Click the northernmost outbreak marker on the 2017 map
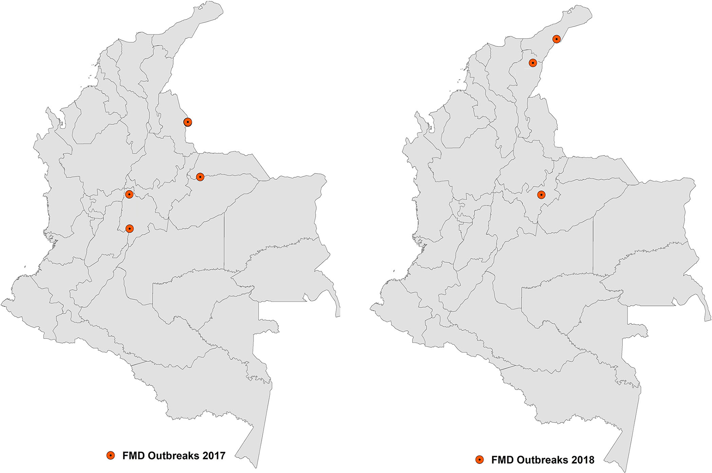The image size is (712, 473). point(187,122)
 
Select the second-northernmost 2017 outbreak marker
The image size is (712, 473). point(200,177)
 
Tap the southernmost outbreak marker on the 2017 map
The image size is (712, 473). point(129,229)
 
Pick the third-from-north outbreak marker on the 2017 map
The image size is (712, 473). point(129,195)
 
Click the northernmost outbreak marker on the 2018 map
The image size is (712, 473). point(557,39)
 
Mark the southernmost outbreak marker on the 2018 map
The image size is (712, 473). point(541,195)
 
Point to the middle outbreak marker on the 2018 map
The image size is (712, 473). point(533,63)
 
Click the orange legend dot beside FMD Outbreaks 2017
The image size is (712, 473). point(111,455)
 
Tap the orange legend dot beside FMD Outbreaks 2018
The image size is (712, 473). point(479,460)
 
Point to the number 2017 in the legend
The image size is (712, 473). point(214,456)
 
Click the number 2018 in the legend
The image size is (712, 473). point(583,460)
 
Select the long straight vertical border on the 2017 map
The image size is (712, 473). point(224,241)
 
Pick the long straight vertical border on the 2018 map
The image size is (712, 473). point(593,245)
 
